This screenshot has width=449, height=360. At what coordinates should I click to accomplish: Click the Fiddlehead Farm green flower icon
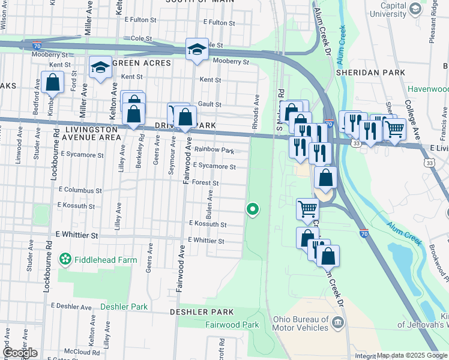pos(65,260)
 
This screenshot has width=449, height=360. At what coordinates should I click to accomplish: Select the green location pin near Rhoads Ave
pos(253,209)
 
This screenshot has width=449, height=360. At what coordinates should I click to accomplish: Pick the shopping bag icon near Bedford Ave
pos(52,82)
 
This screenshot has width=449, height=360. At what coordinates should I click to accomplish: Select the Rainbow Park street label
pos(214,150)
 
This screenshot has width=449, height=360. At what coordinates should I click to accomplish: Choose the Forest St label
pos(205,182)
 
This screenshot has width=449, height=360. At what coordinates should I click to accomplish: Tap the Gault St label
pos(210,104)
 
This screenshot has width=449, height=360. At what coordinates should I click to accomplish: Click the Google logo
pos(19,353)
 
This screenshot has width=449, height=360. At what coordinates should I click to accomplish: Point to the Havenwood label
pos(428,89)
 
